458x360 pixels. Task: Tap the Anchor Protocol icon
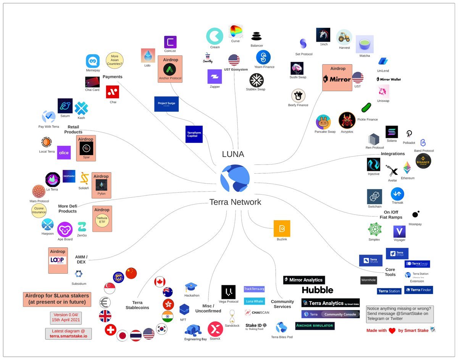[x=170, y=69]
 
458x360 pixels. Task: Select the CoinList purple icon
[x=170, y=42]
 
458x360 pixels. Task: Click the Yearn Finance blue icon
[x=263, y=58]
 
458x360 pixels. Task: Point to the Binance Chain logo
[x=423, y=161]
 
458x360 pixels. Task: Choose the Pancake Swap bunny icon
[x=323, y=122]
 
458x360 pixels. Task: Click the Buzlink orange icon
[x=282, y=229]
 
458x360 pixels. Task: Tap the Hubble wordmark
[x=317, y=290]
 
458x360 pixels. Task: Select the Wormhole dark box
[x=368, y=280]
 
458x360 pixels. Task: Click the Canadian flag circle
[x=160, y=282]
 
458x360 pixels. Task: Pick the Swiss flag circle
[x=110, y=330]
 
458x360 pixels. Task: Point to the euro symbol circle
[x=105, y=303]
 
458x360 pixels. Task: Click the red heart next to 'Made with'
[x=392, y=331]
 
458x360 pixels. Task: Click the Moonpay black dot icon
[x=416, y=214]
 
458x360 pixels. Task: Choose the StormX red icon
[x=215, y=329]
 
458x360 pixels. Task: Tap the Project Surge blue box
[x=166, y=104]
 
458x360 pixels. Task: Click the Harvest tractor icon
[x=344, y=37]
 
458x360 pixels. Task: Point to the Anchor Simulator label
[x=315, y=326]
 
